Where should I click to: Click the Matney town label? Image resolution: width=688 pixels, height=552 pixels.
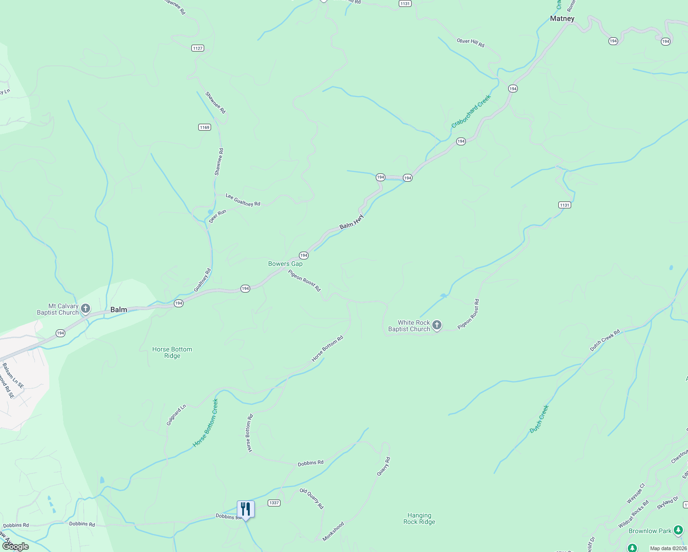point(562,18)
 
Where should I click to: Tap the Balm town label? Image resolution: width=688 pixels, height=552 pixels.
point(119,310)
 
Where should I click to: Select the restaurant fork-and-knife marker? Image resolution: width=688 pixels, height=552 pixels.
point(246,509)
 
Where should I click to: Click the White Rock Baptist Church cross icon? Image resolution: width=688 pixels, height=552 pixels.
point(437,325)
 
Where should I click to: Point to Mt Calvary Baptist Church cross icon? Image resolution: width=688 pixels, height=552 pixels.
point(86,308)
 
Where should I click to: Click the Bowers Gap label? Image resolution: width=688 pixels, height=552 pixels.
point(285,264)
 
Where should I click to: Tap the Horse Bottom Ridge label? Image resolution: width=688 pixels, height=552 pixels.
point(172,352)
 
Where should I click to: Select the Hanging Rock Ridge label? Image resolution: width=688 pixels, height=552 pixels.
point(419,518)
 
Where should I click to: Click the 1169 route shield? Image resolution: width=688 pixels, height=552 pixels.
point(205,127)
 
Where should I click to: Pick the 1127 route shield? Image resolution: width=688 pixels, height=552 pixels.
point(197,48)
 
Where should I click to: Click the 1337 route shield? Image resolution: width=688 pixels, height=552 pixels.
point(274,503)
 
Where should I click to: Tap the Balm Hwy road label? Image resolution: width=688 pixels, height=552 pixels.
point(352,222)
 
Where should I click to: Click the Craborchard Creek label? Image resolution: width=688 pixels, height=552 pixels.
point(471,111)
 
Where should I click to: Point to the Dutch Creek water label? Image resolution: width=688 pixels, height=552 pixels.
point(539,419)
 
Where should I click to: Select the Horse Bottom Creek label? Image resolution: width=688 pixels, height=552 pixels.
point(206,423)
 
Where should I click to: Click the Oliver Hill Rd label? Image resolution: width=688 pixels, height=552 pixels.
point(470,42)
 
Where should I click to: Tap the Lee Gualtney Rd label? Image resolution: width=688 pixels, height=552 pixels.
point(243,200)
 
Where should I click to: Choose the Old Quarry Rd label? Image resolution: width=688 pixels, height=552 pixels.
point(311,499)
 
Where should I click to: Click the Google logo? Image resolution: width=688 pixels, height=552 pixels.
point(15,546)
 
